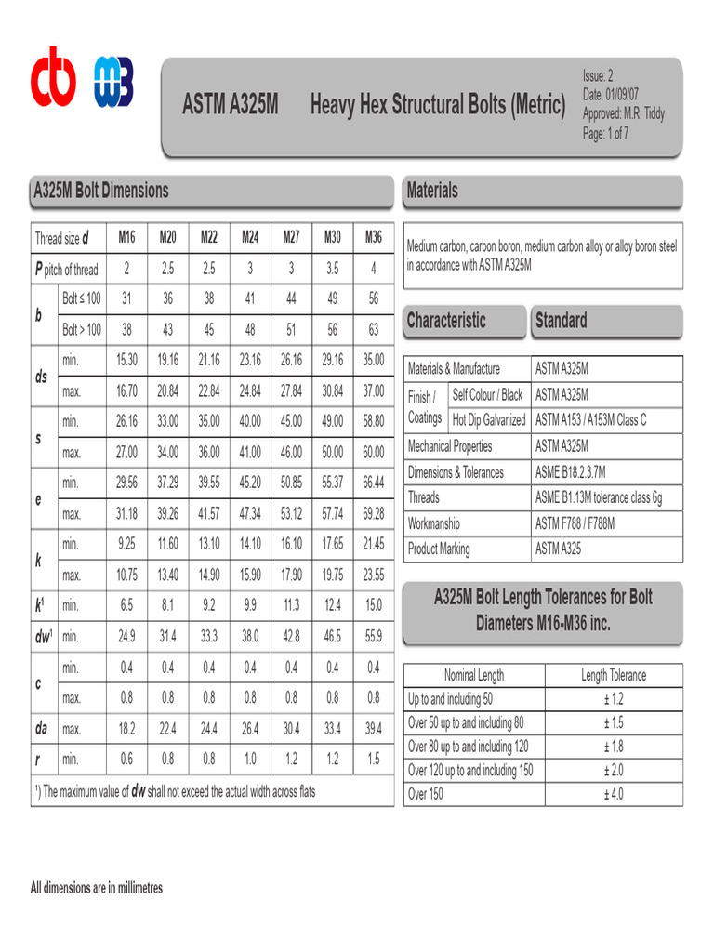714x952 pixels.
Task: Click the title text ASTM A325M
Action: coord(230,105)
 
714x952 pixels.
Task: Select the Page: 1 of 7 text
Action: coord(606,133)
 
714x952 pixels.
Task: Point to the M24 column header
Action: coord(250,237)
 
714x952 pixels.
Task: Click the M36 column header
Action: coord(373,237)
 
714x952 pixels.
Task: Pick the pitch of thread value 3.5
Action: coord(333,269)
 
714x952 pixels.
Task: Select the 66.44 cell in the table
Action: coord(373,482)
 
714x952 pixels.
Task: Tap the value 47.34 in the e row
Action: coord(250,513)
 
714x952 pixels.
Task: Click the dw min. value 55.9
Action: coord(373,636)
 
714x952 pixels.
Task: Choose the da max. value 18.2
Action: coord(126,728)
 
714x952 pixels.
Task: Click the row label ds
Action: coord(41,377)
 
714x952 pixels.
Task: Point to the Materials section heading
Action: coord(432,191)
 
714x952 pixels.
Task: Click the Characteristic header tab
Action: coord(446,321)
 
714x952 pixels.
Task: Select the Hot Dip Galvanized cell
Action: coord(489,420)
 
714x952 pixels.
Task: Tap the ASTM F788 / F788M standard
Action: coord(575,523)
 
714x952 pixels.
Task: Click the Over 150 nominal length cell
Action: coord(426,794)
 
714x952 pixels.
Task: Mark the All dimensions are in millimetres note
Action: coord(97,888)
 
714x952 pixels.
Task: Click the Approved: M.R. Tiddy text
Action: coord(624,114)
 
